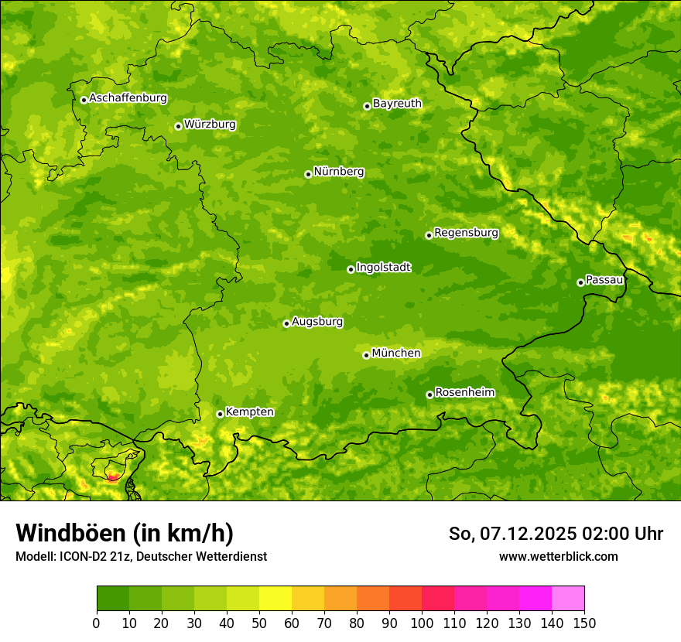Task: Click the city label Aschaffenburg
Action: (x=128, y=98)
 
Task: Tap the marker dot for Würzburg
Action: (x=178, y=126)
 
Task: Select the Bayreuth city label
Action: (x=397, y=103)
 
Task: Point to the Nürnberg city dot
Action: (x=308, y=174)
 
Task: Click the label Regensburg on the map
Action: (x=466, y=232)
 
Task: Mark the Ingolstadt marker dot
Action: (x=351, y=269)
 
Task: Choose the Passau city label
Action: (x=604, y=279)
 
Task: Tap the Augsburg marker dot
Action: (x=286, y=323)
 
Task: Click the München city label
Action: (x=396, y=353)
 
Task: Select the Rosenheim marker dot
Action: (x=429, y=394)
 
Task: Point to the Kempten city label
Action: (x=249, y=411)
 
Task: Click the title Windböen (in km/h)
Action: (x=125, y=533)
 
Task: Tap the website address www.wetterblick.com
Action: (x=558, y=556)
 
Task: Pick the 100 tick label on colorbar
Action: (x=421, y=623)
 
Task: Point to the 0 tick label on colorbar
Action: (x=97, y=623)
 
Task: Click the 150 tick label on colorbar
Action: (x=584, y=623)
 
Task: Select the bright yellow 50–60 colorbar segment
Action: (x=275, y=599)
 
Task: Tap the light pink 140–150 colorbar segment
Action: (x=568, y=599)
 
